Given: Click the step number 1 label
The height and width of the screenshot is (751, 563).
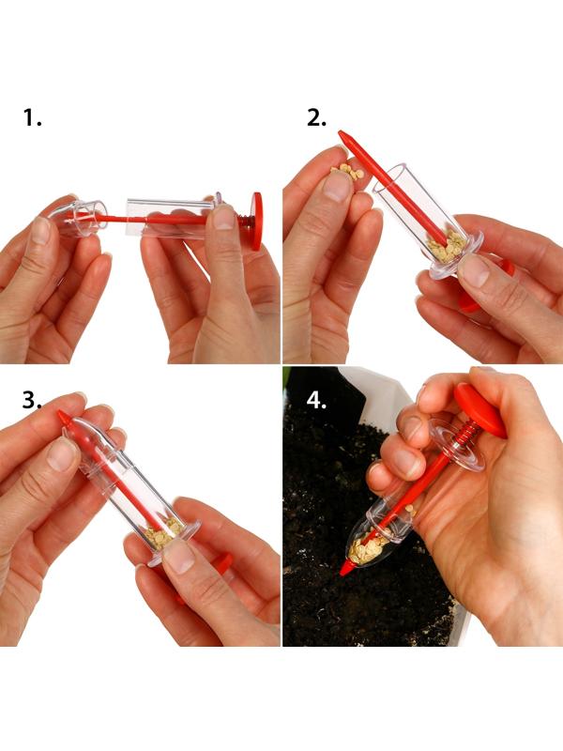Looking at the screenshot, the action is point(32,118).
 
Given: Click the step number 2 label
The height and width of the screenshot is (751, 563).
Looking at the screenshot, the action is point(316,118).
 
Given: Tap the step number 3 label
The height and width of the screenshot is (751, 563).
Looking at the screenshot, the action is point(32,400).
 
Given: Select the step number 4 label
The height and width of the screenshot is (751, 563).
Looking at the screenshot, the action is point(316,400).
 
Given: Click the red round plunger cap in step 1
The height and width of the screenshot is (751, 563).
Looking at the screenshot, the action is point(257,222).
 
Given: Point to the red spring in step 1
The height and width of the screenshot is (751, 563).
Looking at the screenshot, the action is point(245,221).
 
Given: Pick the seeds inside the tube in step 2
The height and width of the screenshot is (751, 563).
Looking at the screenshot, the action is point(447,247).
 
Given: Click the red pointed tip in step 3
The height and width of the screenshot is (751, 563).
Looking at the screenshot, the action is point(64,417).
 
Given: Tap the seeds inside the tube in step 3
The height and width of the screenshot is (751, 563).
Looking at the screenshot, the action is point(163,532).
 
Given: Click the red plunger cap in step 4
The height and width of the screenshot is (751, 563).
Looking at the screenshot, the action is point(480,410).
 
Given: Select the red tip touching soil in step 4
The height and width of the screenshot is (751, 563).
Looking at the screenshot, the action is point(346,568).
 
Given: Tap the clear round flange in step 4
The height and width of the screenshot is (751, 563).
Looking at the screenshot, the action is point(456,445).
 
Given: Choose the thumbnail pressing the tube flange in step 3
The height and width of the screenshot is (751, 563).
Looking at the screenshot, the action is point(178,557).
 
